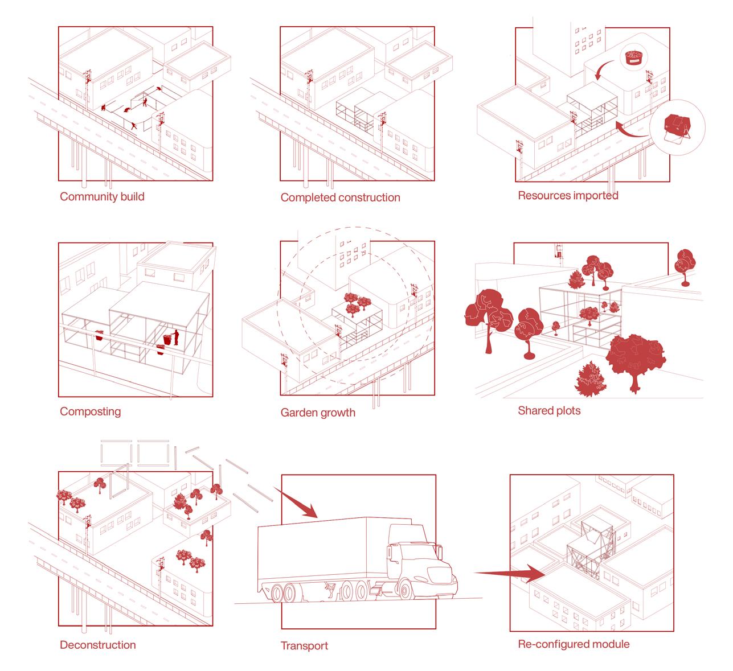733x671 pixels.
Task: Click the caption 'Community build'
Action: click(102, 196)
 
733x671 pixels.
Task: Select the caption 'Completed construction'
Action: click(340, 197)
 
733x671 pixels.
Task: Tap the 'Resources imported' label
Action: click(568, 196)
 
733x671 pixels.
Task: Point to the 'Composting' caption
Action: click(90, 411)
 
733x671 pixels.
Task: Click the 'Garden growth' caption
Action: click(318, 413)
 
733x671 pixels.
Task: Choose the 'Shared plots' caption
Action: click(549, 411)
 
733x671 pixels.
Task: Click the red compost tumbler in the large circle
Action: click(677, 126)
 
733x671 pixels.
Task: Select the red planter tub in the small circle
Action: click(633, 57)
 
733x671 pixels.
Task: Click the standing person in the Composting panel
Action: click(176, 337)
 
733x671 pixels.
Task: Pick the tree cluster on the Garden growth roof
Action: click(357, 304)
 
